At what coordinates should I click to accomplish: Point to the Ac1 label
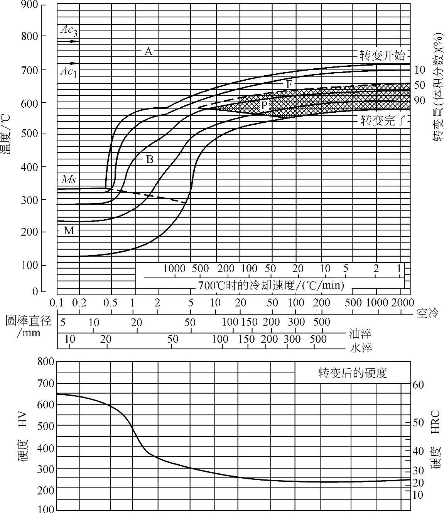[x=69, y=71]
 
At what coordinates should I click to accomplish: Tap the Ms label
[x=69, y=179]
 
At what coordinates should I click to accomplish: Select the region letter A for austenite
[x=149, y=51]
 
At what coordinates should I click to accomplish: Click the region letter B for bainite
[x=150, y=159]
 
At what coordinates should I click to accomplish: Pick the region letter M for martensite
[x=69, y=231]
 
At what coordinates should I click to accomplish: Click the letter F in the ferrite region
[x=289, y=84]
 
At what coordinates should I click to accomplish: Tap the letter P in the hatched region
[x=264, y=105]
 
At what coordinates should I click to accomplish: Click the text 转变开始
[x=382, y=56]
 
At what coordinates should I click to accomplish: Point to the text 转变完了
[x=382, y=121]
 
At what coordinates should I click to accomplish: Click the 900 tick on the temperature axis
[x=29, y=5]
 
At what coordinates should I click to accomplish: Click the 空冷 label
[x=428, y=313]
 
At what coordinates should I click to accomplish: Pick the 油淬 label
[x=360, y=333]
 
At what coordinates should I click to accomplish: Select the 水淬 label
[x=360, y=348]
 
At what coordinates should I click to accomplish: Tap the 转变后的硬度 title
[x=352, y=373]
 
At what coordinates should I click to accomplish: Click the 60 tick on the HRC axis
[x=419, y=385]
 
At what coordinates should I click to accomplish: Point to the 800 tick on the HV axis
[x=46, y=362]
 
